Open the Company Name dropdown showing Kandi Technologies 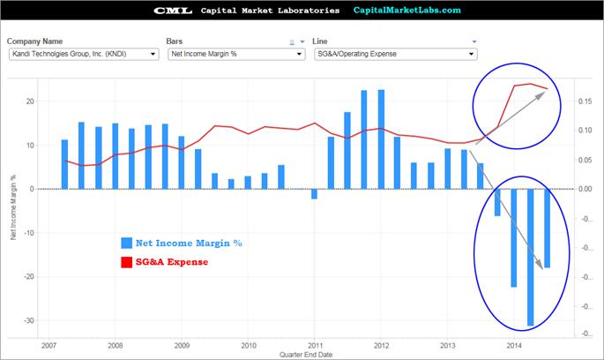(83, 54)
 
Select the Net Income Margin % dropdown (234, 54)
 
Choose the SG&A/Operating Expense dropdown (395, 54)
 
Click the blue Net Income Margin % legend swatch (127, 243)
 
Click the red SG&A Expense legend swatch (127, 261)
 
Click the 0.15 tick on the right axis (585, 101)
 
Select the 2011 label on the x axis (315, 345)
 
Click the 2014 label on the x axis (514, 345)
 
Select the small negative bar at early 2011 (314, 194)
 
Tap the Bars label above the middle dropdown (175, 41)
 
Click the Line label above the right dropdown (321, 41)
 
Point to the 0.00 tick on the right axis (585, 189)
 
